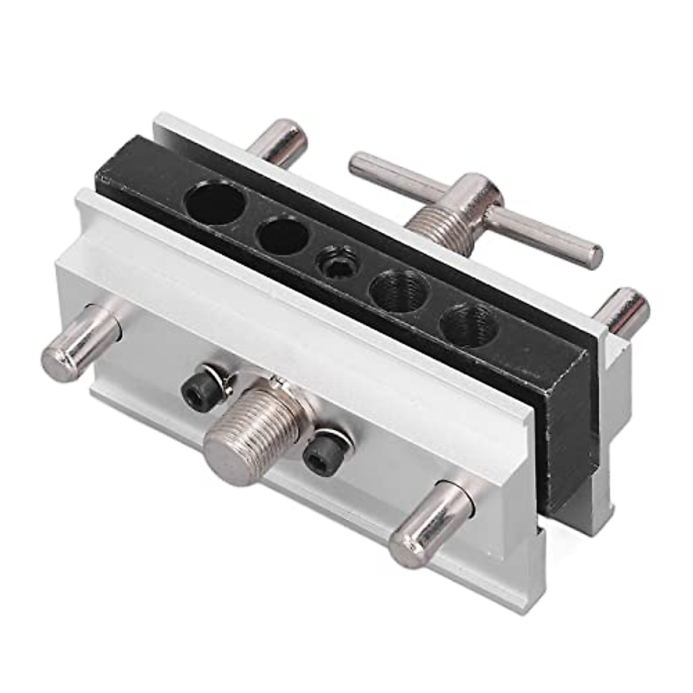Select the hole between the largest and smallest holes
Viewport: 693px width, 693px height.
click(x=282, y=236)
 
